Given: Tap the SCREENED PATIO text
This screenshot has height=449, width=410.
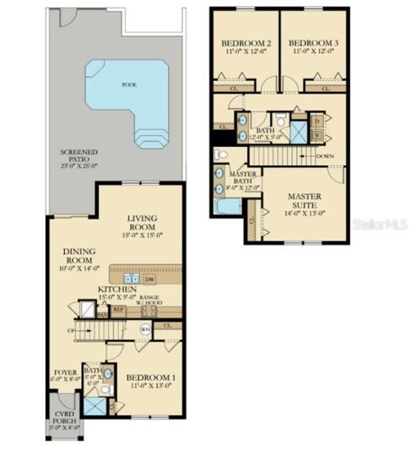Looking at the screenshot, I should pyautogui.click(x=78, y=157).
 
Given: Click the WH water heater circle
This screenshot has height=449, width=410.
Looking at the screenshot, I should pyautogui.click(x=144, y=329).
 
